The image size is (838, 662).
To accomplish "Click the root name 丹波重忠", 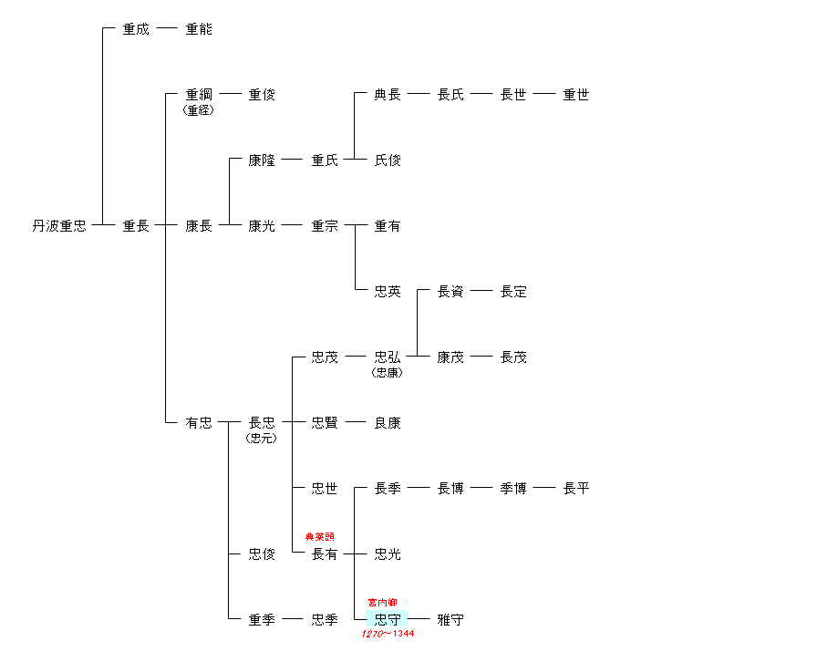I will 59,226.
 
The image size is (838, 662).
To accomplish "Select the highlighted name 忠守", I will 388,620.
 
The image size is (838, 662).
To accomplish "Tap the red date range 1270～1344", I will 388,634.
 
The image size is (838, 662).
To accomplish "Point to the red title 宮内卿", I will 383,603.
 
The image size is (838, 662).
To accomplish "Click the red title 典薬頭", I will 319,537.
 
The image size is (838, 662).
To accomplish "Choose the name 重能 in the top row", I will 199,29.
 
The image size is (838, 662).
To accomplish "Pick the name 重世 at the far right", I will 576,95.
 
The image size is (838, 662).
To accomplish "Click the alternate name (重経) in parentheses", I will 199,110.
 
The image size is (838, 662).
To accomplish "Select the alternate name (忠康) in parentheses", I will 388,373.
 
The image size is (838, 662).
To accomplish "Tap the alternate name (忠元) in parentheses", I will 262,439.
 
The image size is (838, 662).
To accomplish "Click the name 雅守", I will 450,620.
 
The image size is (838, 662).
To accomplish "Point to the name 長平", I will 576,489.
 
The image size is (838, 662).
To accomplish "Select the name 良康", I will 388,423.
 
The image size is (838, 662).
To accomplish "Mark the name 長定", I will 513,292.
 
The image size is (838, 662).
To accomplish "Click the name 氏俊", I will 388,160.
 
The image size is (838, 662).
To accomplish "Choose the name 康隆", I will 262,160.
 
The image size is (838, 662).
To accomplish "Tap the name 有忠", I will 199,423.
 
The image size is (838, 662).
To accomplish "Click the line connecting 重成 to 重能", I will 167,29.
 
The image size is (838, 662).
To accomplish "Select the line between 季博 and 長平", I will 544,489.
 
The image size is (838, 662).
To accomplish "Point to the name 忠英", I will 388,292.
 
